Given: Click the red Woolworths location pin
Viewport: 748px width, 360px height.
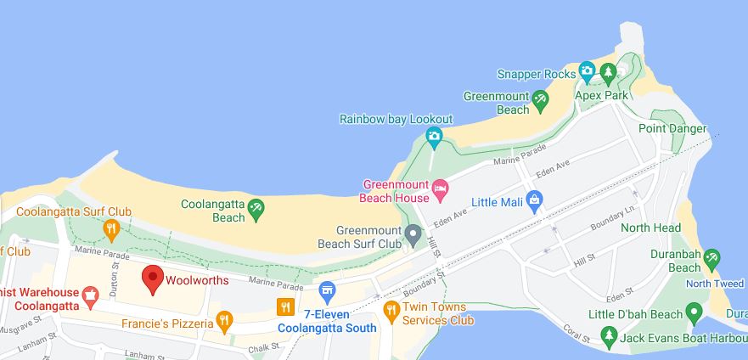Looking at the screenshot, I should coord(152,278).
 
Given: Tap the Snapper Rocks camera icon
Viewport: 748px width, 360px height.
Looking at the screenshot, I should coord(587,70).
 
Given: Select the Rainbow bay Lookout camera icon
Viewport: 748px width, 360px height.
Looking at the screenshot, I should coord(434,135).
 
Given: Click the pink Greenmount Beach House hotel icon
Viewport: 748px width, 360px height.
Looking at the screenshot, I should coord(440,188).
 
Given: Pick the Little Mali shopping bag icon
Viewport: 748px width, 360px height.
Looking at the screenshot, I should coord(534,200).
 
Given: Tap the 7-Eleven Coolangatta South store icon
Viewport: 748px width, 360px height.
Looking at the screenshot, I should coord(328,294).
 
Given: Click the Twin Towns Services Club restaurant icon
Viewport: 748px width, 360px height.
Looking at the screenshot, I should coord(391,309).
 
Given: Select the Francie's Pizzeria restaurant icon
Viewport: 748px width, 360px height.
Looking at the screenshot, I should coord(224,320).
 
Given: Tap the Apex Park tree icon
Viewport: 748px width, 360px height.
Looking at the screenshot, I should coord(608,73).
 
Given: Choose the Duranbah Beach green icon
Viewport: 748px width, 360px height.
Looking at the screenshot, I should coord(712,258).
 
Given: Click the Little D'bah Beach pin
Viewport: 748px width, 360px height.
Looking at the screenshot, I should coord(695,314).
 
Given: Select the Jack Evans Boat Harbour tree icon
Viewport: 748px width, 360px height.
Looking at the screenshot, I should coord(608,337).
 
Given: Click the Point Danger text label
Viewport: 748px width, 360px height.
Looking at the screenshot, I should coord(672,128).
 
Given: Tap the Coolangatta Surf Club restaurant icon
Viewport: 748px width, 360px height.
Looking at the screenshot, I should coord(111,228).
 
